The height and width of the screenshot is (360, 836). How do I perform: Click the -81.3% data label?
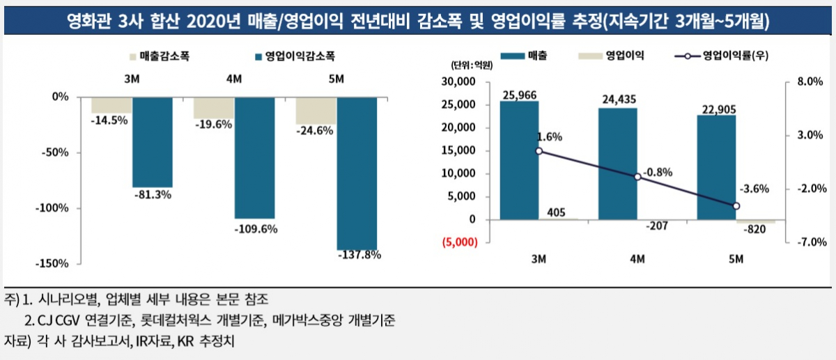coord(152,195)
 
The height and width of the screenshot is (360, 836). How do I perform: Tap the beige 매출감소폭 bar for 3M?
coord(111,104)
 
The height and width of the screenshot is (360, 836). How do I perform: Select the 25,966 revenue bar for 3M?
coord(519,160)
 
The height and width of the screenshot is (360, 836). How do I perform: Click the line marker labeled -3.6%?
coord(736,206)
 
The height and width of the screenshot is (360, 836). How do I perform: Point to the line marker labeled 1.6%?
coord(539,150)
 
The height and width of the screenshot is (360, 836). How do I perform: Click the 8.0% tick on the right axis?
coord(811,82)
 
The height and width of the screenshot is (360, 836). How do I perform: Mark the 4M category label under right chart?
coord(637,260)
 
